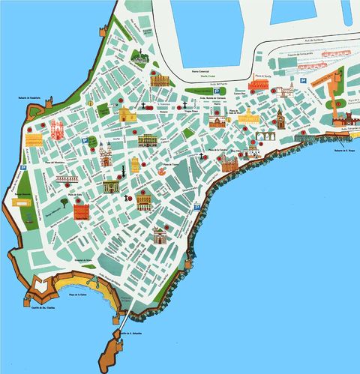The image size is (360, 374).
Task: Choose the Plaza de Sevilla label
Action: pyautogui.click(x=262, y=76)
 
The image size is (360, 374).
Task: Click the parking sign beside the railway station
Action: pyautogui.click(x=303, y=79)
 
